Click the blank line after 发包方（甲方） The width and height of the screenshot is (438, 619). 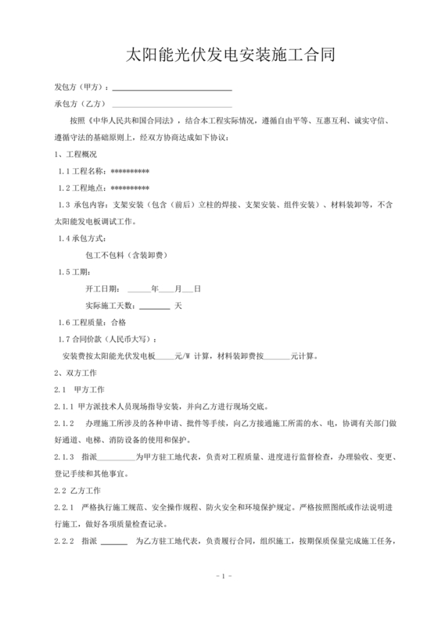click(x=172, y=88)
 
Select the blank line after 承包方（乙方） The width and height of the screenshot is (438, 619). click(x=172, y=104)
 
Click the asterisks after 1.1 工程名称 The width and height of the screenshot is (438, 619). click(x=131, y=171)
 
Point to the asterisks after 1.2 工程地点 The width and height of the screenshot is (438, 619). click(x=131, y=188)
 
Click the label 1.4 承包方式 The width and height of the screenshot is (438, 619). click(x=84, y=238)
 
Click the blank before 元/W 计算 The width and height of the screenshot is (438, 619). click(x=164, y=356)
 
